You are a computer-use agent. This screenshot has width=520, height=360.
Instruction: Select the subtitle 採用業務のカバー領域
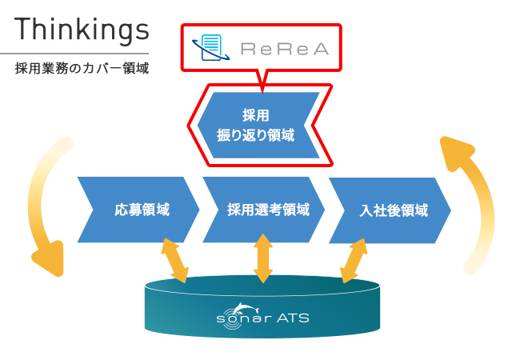[x=82, y=68]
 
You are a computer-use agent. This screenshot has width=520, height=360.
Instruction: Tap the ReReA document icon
[x=211, y=48]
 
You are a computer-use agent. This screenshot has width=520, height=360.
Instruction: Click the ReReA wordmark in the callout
[x=285, y=49]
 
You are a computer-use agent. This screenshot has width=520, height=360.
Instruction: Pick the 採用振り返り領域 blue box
[x=258, y=126]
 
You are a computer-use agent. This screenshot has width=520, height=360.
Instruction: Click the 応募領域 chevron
[x=138, y=210]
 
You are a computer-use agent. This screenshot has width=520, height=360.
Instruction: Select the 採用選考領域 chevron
[x=264, y=210]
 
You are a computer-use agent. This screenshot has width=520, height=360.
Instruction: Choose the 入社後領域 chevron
[x=390, y=210]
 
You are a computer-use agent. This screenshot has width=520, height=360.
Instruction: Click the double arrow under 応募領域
[x=174, y=260]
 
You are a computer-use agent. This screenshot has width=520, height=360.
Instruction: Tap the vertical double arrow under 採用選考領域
[x=263, y=258]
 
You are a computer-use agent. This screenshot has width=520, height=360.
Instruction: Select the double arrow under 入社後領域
[x=354, y=261]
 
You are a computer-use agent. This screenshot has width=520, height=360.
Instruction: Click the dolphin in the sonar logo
[x=246, y=309]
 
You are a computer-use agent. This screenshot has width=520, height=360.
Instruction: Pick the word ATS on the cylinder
[x=293, y=318]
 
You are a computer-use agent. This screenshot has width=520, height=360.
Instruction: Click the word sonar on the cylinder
[x=244, y=318]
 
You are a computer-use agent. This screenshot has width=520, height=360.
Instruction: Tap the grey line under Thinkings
[x=74, y=54]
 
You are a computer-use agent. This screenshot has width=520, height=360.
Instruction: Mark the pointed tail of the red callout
[x=262, y=93]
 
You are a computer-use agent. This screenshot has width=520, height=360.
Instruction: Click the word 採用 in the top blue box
[x=256, y=115]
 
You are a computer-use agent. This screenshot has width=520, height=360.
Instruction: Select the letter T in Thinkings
[x=22, y=29]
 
